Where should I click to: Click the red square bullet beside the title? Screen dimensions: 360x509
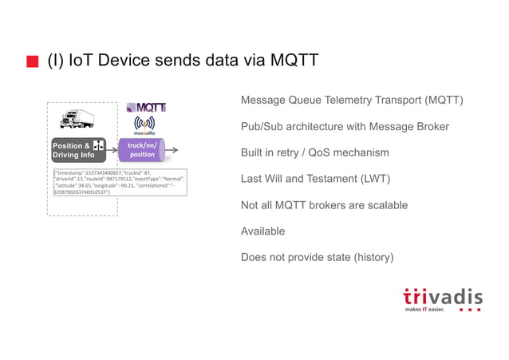(32, 62)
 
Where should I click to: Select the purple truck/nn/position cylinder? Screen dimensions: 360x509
(142, 149)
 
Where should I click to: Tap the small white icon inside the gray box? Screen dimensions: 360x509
(98, 145)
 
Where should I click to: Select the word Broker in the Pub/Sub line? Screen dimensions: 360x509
(431, 126)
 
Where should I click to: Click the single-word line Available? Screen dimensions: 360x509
(262, 231)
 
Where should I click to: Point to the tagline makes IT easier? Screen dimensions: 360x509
(424, 310)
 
